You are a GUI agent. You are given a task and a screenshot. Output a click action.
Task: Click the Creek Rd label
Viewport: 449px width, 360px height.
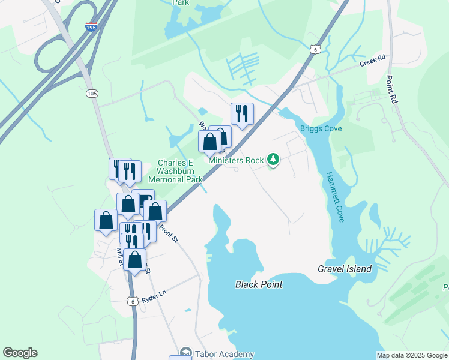tap(372, 62)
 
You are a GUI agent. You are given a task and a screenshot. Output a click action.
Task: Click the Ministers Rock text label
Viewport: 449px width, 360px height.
tap(237, 160)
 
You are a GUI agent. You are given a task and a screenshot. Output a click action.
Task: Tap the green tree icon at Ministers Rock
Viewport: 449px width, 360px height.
tap(273, 160)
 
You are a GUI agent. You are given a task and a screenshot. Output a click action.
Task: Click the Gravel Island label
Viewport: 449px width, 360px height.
tap(345, 269)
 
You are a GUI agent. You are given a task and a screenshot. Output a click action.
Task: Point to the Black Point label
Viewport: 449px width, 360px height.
tap(259, 284)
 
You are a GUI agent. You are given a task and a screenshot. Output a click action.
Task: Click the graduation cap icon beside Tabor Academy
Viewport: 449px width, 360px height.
tap(186, 353)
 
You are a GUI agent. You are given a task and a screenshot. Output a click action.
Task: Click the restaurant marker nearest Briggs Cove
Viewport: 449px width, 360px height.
tap(242, 113)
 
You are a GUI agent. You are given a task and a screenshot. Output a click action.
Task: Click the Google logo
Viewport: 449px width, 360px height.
tap(20, 353)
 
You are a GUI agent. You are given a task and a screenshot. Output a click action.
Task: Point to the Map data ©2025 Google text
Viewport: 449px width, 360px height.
tap(412, 355)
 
